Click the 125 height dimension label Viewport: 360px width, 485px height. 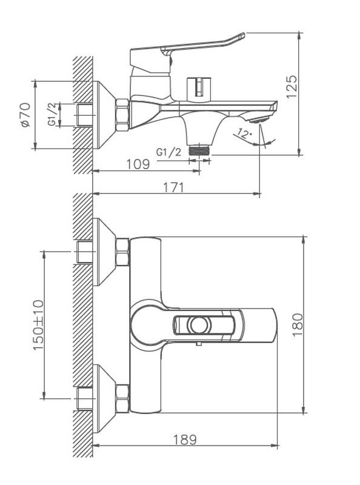[x=292, y=87]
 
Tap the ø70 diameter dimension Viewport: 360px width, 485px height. [x=25, y=115]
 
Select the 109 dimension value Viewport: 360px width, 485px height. [x=138, y=164]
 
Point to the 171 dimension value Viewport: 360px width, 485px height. [x=173, y=188]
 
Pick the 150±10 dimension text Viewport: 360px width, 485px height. [x=38, y=325]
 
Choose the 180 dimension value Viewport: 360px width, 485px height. [x=298, y=325]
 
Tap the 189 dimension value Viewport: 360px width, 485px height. [x=185, y=440]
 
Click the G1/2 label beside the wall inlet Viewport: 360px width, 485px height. [x=53, y=115]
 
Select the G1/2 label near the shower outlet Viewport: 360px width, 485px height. [x=168, y=152]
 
